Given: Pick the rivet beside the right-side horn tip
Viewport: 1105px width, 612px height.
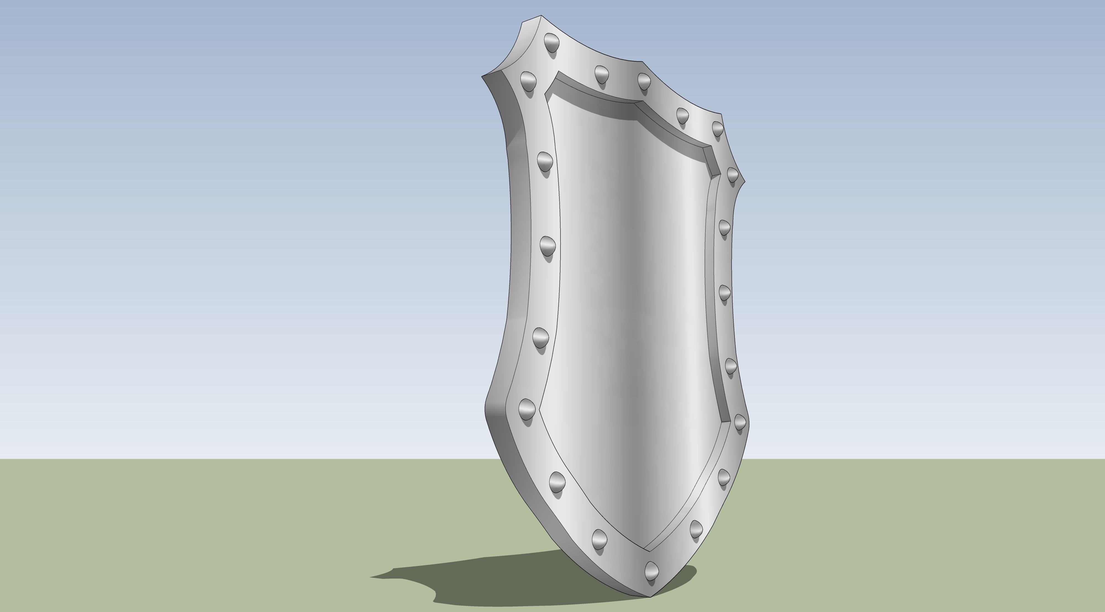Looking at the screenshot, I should (732, 174).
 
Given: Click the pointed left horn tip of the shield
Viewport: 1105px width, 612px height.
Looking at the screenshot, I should (482, 76).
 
